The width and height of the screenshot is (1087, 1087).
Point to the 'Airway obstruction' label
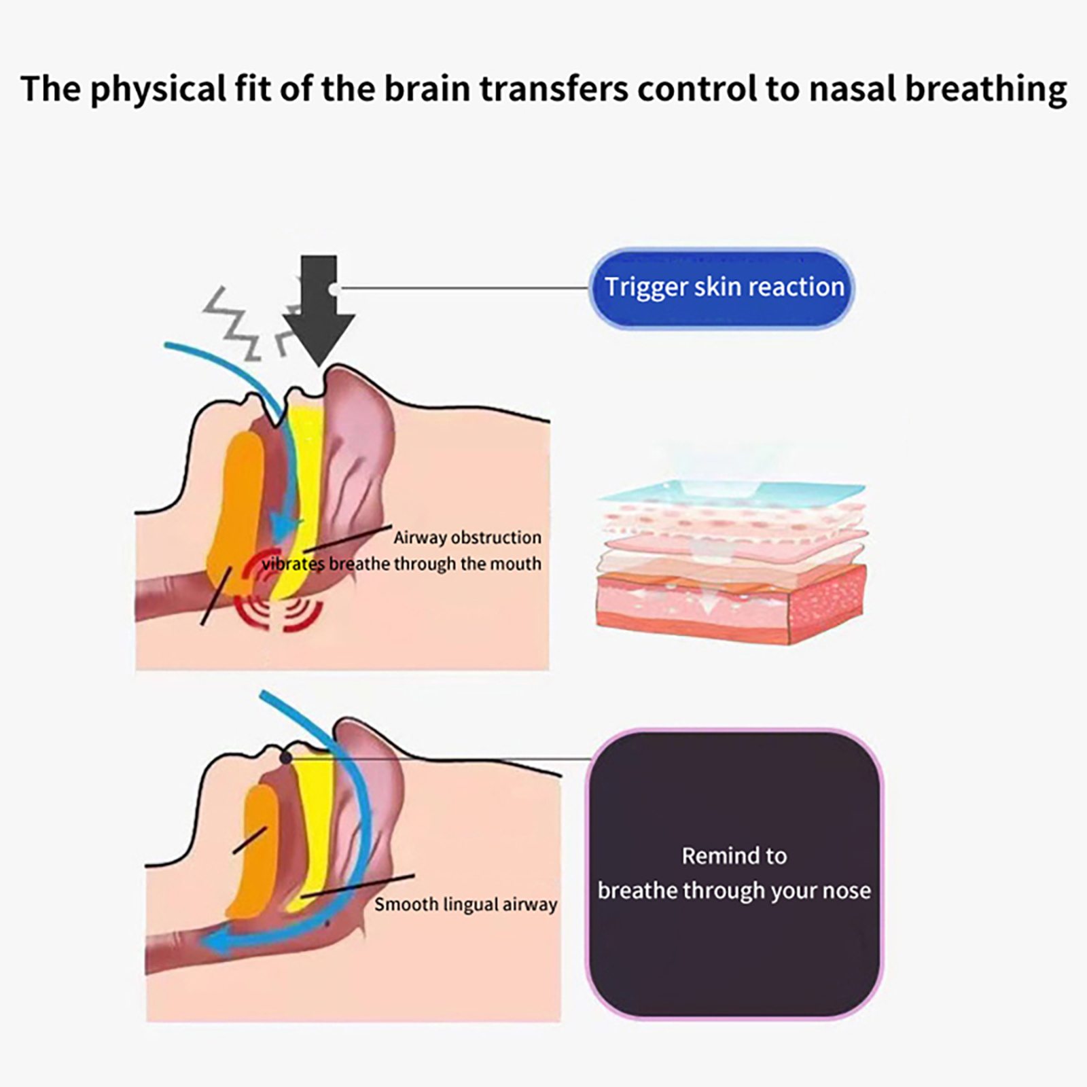tap(467, 537)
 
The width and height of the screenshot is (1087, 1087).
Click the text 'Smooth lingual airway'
tap(465, 904)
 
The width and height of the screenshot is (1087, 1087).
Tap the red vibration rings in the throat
tap(279, 598)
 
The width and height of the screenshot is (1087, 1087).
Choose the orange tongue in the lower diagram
tap(255, 849)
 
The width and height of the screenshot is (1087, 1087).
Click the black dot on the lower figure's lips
tap(285, 758)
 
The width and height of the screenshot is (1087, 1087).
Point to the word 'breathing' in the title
tap(986, 89)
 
